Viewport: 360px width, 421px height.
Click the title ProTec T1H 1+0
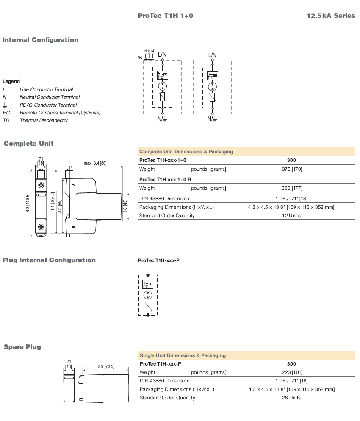tap(165, 16)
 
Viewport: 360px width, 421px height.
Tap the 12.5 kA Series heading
tap(331, 16)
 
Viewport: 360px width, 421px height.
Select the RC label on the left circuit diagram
tap(140, 58)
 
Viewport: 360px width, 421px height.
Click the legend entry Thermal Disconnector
tap(44, 120)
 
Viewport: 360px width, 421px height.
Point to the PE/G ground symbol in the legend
tap(5, 105)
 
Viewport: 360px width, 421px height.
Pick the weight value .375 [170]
tap(291, 169)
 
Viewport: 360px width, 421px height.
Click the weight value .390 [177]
tap(291, 188)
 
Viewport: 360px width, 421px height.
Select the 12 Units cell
tap(291, 216)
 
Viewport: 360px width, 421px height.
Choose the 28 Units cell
tap(291, 398)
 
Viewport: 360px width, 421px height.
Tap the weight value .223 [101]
tap(291, 372)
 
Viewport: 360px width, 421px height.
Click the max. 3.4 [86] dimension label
tap(95, 163)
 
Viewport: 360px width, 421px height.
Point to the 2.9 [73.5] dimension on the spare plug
tap(106, 366)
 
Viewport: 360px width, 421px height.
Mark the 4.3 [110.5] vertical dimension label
tap(28, 203)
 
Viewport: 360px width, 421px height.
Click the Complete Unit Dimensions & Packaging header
tap(186, 152)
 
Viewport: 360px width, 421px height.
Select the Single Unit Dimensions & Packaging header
tap(183, 355)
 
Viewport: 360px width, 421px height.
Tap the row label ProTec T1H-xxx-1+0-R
tap(165, 179)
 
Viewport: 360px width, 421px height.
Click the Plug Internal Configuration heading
tap(49, 260)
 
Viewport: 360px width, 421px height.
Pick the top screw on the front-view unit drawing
tap(41, 185)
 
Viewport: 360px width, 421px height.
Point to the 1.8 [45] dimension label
tap(125, 206)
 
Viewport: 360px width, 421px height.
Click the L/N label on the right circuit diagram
tap(212, 55)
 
